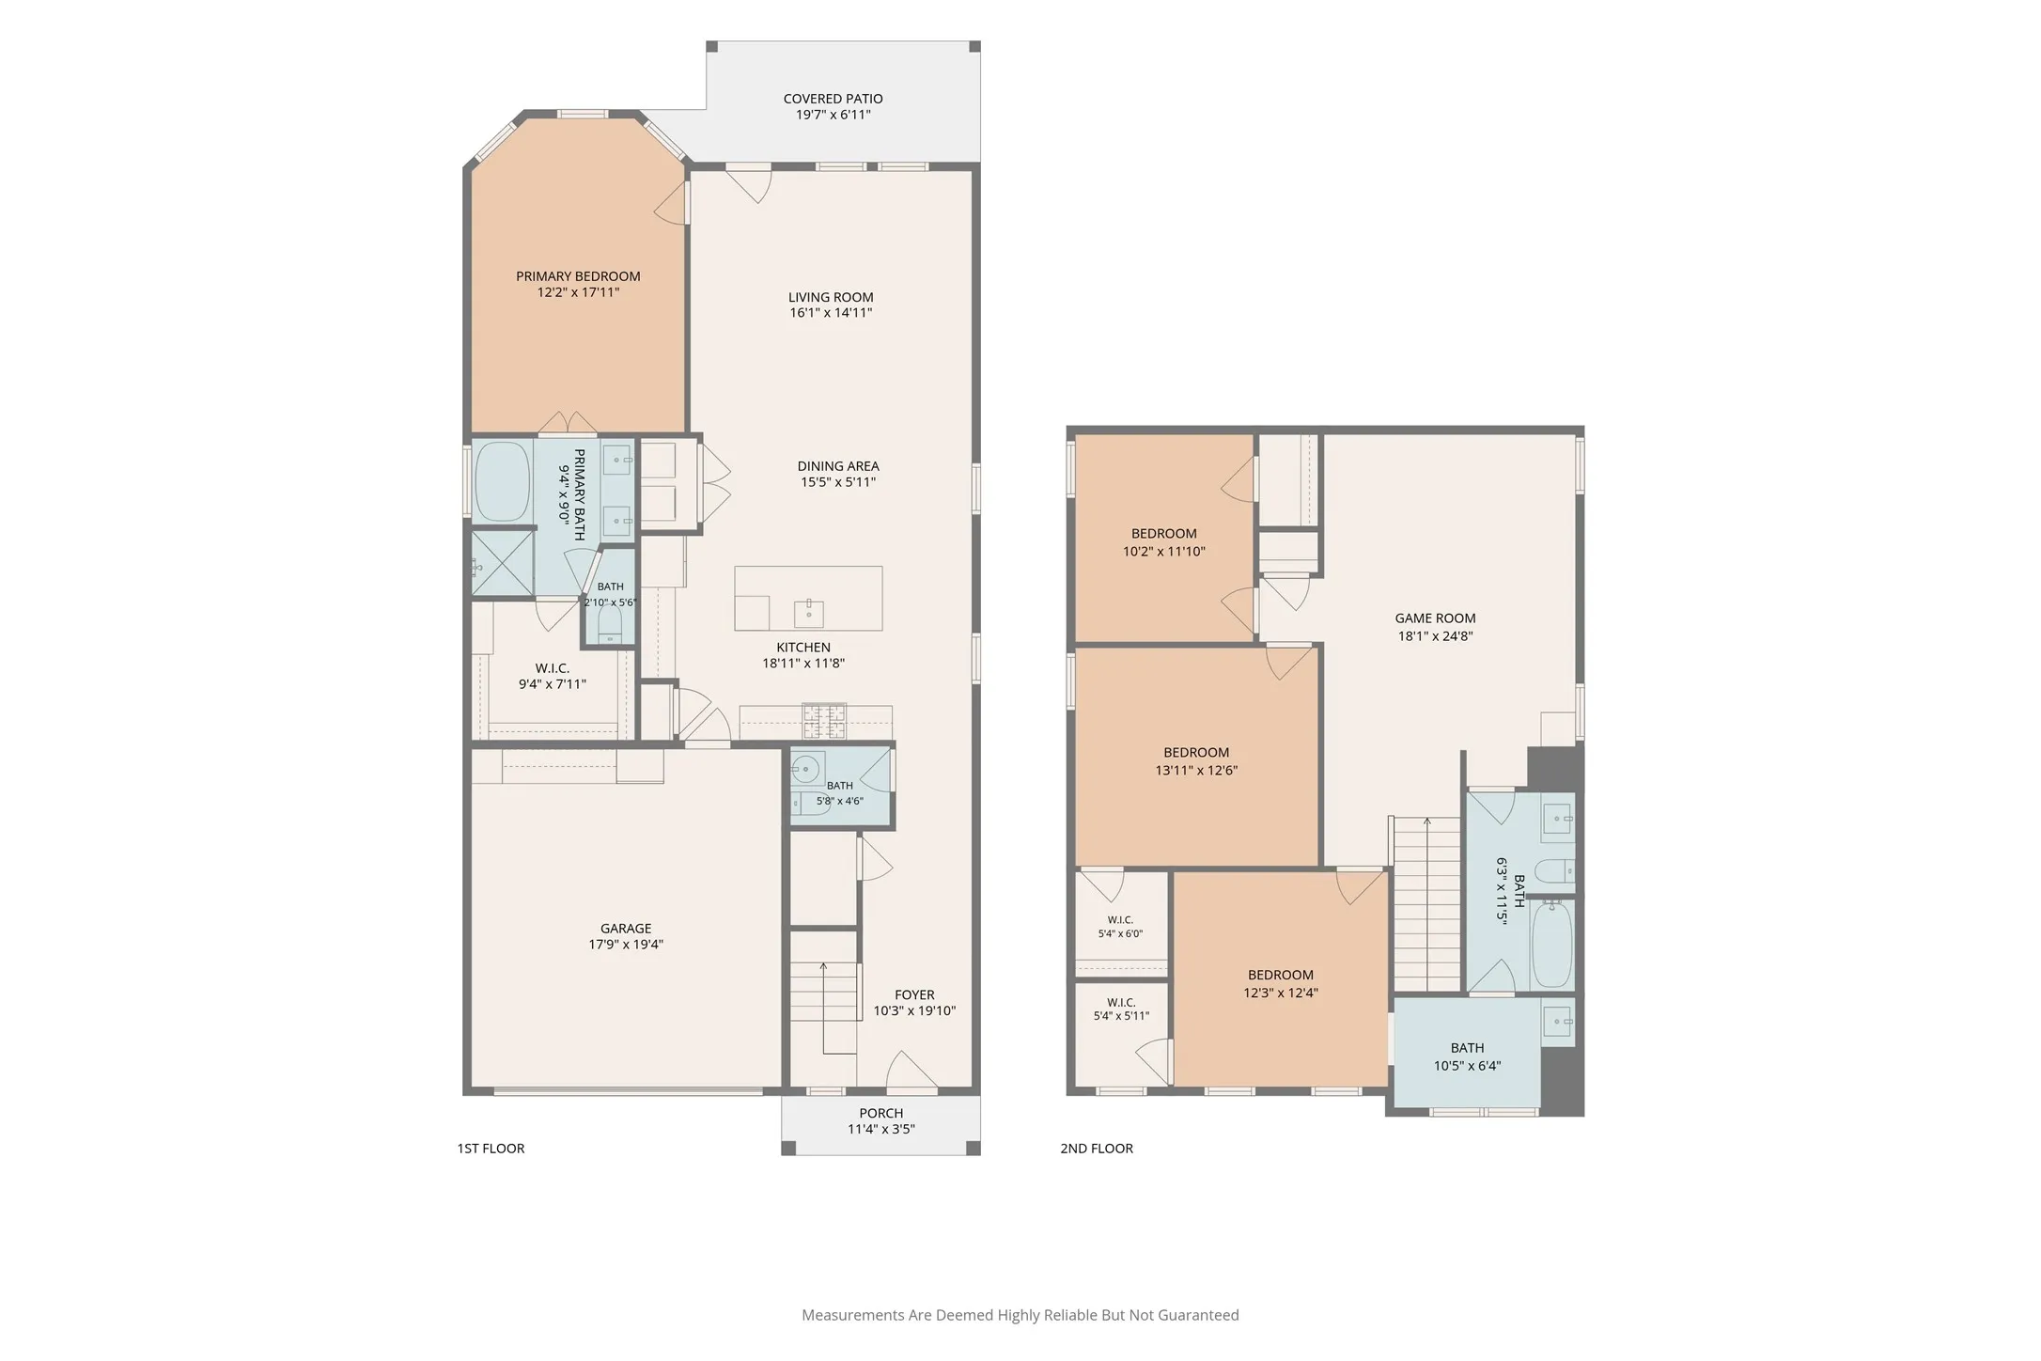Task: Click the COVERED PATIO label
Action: click(x=833, y=99)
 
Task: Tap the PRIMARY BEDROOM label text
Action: click(x=578, y=276)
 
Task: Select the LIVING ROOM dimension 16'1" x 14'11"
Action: click(x=831, y=313)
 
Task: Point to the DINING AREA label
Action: click(x=838, y=466)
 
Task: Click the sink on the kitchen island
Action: click(x=809, y=612)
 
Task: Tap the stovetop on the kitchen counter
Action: click(x=824, y=721)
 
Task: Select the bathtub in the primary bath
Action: click(x=502, y=482)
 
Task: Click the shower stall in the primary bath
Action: click(x=503, y=563)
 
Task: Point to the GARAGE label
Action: click(x=626, y=929)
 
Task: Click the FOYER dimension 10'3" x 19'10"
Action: click(x=914, y=1011)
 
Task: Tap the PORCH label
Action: click(x=881, y=1114)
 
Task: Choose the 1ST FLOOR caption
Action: click(x=491, y=1149)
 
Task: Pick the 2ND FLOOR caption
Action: click(x=1097, y=1149)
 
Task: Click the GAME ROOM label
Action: click(x=1435, y=618)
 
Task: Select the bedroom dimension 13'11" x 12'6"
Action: click(x=1196, y=771)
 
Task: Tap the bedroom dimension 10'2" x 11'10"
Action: click(x=1164, y=552)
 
